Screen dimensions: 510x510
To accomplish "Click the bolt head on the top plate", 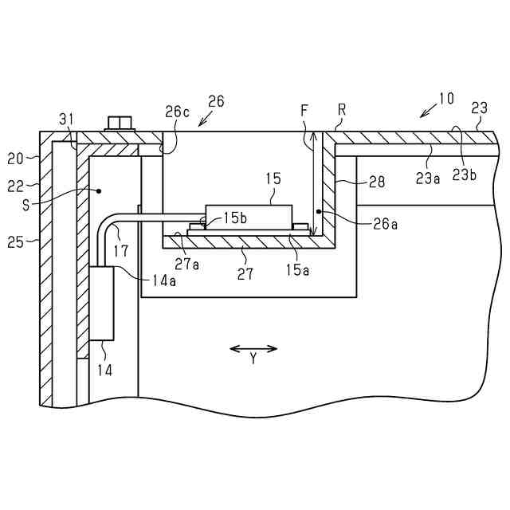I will pos(119,124).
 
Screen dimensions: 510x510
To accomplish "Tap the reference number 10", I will pos(446,99).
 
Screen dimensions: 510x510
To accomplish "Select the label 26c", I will pos(178,112).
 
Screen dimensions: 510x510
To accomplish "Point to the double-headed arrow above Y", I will pos(253,348).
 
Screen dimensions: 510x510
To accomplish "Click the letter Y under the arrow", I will pos(253,359).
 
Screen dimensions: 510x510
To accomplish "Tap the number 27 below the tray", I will pos(245,273).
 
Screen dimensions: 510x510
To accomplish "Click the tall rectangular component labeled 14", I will pos(102,303).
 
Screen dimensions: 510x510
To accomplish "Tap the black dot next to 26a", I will pos(318,212).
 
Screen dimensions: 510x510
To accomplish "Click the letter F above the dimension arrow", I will pos(304,112).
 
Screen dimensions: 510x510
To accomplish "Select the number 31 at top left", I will pos(67,119).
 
